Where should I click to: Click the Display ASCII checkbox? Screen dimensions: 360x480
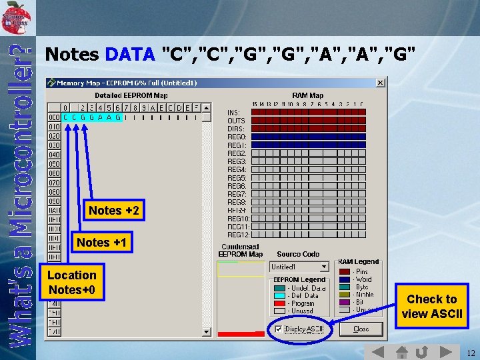click(x=279, y=329)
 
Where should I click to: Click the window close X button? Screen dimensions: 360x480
click(x=380, y=83)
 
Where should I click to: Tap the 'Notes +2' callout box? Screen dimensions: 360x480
click(x=114, y=211)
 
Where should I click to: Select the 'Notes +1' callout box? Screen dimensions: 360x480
click(x=101, y=243)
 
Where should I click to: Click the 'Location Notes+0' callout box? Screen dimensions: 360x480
click(x=72, y=283)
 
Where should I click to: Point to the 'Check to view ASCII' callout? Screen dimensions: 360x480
click(x=431, y=307)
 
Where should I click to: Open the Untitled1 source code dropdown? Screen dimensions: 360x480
click(x=324, y=267)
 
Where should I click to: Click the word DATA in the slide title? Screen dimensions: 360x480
click(x=130, y=54)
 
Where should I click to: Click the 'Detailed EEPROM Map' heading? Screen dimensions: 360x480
click(x=131, y=95)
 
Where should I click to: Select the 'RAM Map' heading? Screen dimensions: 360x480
click(x=307, y=95)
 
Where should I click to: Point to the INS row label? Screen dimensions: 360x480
click(x=234, y=112)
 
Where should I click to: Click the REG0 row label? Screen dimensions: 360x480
click(x=237, y=137)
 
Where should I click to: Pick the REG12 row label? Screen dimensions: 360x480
click(x=238, y=235)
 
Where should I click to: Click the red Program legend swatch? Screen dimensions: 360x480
click(x=278, y=303)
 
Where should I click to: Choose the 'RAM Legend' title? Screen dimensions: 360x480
click(x=358, y=262)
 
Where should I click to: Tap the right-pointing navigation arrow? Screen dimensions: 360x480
click(x=443, y=351)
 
